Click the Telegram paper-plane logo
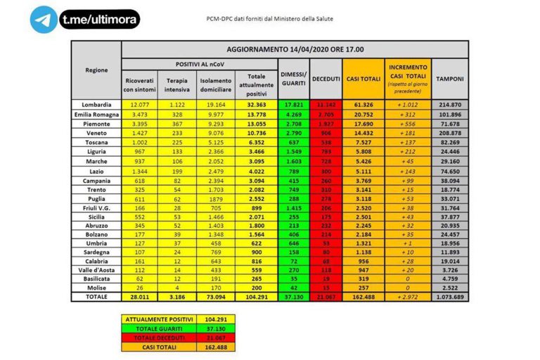pyautogui.click(x=44, y=19)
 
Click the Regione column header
pyautogui.click(x=97, y=70)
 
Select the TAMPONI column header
pyautogui.click(x=449, y=79)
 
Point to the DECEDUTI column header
pyautogui.click(x=326, y=79)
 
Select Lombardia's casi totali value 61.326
pyautogui.click(x=362, y=104)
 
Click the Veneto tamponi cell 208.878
pyautogui.click(x=449, y=131)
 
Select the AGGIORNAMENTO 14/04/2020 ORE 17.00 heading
pyautogui.click(x=295, y=49)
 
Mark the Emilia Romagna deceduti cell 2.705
pyautogui.click(x=326, y=113)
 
